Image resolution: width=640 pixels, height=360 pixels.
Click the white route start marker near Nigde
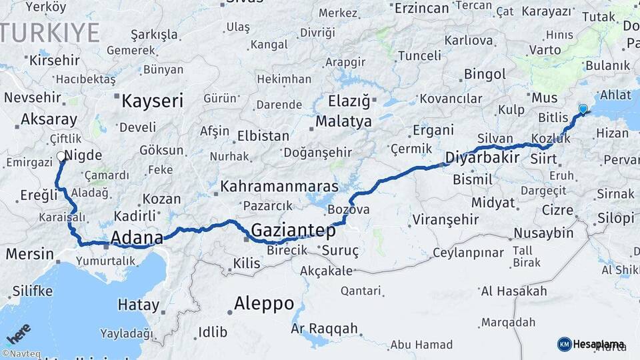tap(61, 157)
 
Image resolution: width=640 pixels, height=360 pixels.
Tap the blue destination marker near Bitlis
tap(583, 109)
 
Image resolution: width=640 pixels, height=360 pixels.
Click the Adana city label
tap(137, 237)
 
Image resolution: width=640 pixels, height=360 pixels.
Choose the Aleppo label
tap(264, 303)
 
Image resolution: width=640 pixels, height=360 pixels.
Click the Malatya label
tap(343, 121)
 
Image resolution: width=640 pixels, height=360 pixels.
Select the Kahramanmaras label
tap(279, 185)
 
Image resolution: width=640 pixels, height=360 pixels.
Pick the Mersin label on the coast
tap(30, 253)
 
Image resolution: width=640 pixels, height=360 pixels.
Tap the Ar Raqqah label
tap(325, 329)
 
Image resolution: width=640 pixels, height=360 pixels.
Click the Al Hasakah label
tap(514, 291)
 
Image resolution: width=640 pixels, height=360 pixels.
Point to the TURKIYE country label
tap(50, 32)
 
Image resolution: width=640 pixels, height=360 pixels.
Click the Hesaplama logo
tap(591, 344)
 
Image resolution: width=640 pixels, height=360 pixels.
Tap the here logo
tap(19, 334)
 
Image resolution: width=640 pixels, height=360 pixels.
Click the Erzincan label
tap(422, 8)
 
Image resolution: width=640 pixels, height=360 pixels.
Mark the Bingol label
tap(485, 73)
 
